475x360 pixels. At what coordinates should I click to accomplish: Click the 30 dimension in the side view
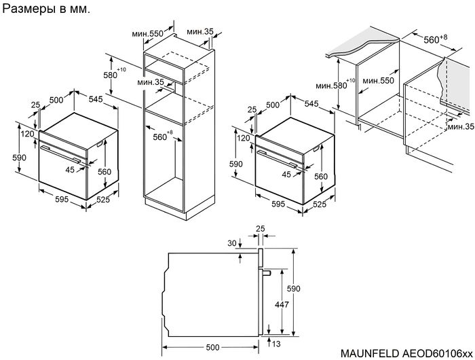pyautogui.click(x=233, y=244)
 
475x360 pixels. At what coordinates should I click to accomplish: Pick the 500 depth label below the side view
pyautogui.click(x=214, y=346)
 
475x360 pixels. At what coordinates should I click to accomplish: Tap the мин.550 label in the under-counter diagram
pyautogui.click(x=378, y=80)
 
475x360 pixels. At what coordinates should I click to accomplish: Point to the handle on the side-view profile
pyautogui.click(x=267, y=273)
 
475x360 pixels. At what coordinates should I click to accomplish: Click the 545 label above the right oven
pyautogui.click(x=311, y=104)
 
